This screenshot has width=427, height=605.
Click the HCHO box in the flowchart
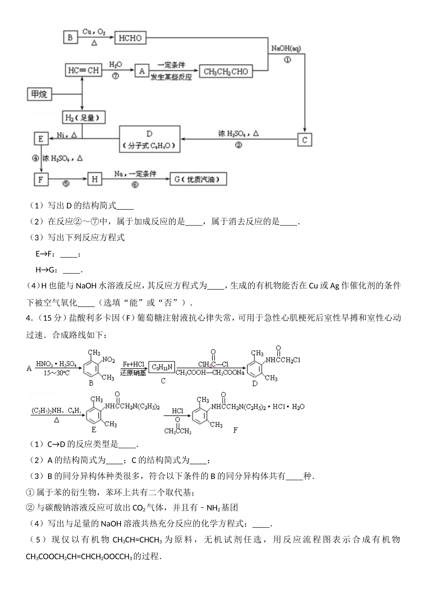tap(130, 38)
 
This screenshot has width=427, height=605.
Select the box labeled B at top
tap(70, 38)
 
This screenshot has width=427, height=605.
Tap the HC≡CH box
tap(83, 70)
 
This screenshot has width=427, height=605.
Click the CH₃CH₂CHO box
tap(226, 71)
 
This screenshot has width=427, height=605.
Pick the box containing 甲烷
tap(39, 94)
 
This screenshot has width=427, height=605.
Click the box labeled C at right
tap(304, 140)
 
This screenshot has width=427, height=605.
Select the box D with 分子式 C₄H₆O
tap(150, 140)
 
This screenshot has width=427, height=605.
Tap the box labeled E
tap(41, 139)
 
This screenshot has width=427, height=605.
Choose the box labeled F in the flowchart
tap(41, 180)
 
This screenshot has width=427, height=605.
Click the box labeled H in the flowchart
tap(94, 179)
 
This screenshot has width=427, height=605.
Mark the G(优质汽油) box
tap(198, 179)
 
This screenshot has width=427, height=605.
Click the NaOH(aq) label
tap(286, 48)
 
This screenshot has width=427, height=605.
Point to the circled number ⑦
tap(116, 76)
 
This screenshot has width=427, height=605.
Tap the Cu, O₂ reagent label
tap(94, 32)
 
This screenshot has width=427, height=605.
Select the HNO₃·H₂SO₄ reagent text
tap(56, 364)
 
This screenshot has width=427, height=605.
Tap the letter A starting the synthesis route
tap(29, 369)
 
